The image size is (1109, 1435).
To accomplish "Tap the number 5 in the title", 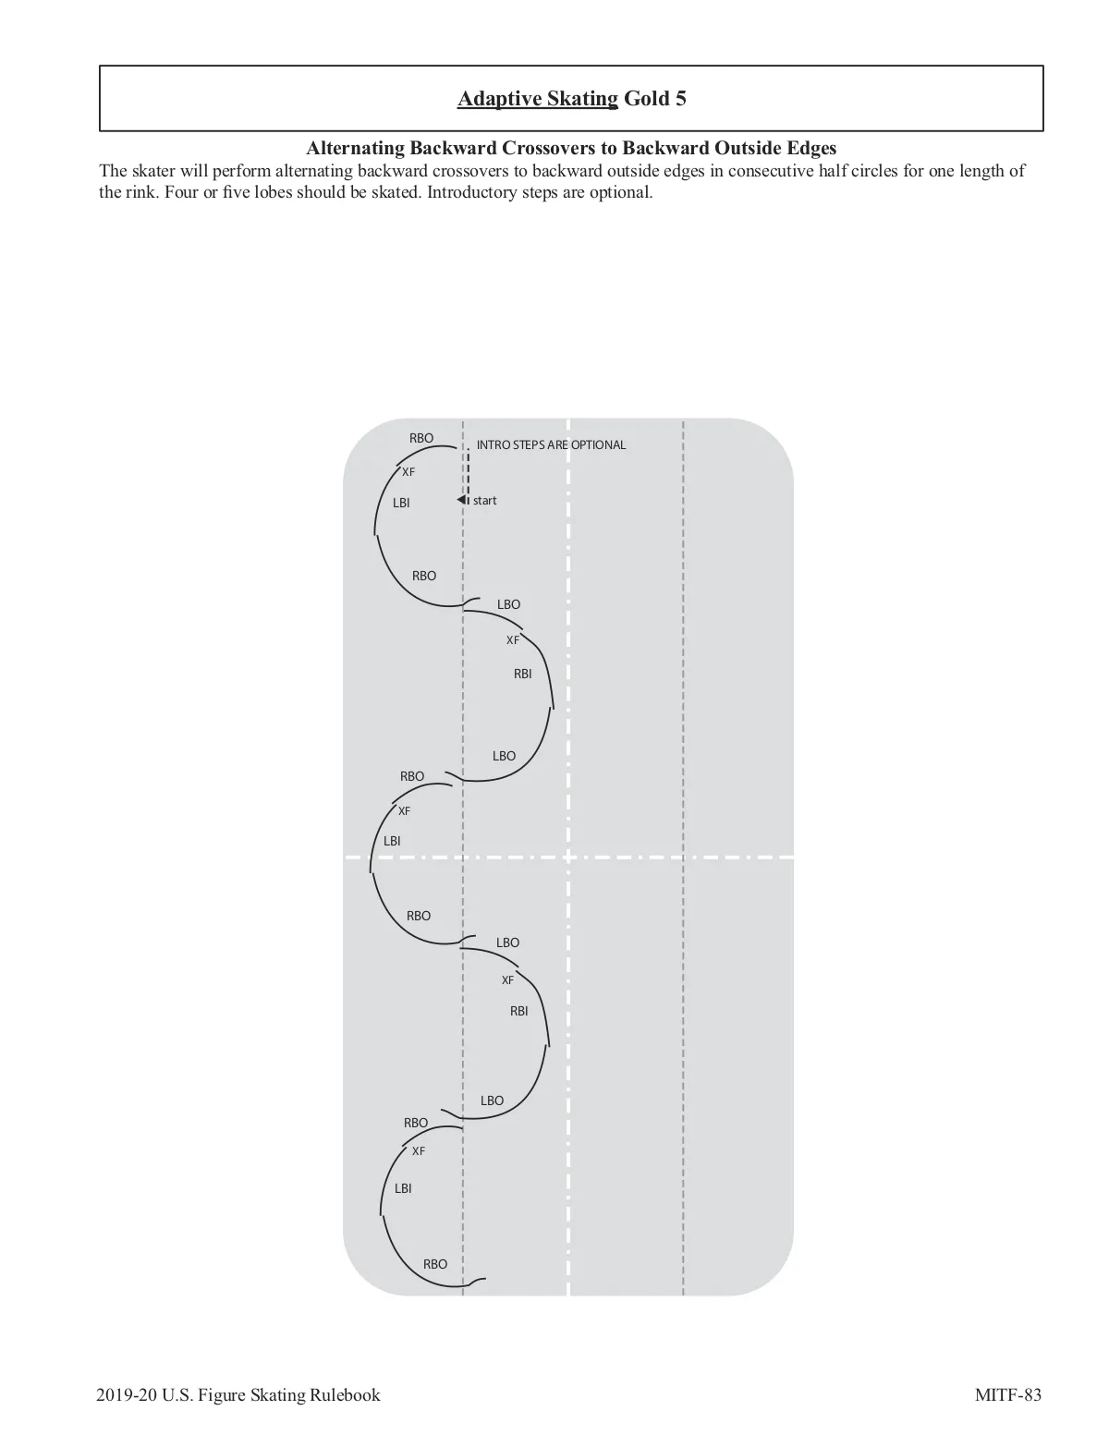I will (680, 99).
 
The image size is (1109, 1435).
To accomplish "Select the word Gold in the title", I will (647, 99).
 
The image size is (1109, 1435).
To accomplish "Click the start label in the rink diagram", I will (484, 501).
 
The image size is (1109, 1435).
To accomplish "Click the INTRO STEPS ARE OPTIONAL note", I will (551, 445).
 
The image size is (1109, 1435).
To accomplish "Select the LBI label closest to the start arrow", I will (401, 504).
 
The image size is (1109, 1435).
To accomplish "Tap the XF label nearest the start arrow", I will (408, 472).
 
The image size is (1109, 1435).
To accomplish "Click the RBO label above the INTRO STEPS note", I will (421, 438).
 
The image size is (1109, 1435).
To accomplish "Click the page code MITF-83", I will (1008, 1394).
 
